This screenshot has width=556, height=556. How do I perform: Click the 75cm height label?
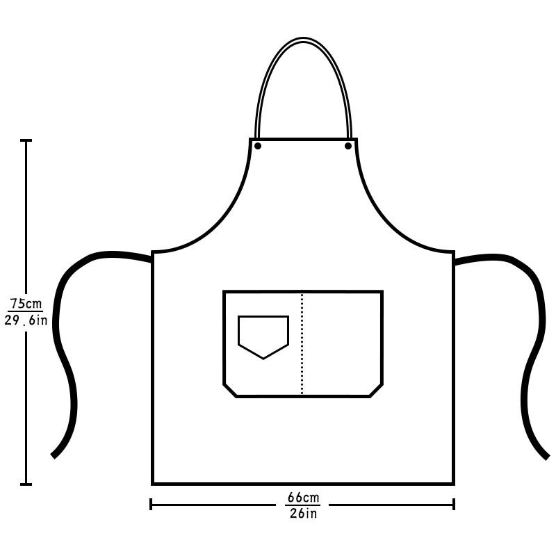26,304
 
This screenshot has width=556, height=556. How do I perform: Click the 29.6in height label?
26,320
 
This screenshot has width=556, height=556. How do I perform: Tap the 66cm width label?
303,498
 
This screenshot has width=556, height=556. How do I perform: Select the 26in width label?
303,514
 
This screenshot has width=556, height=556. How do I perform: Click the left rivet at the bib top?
258,146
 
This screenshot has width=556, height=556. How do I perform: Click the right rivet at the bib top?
348,146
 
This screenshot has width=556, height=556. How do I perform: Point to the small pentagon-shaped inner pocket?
263,335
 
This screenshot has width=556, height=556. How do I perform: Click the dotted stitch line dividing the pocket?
302,344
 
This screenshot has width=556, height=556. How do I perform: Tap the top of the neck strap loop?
303,40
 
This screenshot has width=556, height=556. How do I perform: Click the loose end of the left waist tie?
55,455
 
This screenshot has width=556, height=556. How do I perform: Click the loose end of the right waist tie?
546,456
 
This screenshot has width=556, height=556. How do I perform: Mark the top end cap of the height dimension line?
26,140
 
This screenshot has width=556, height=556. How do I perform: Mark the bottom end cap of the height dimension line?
26,484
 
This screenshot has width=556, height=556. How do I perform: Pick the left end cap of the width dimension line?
151,504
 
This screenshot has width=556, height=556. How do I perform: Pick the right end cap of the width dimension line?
454,504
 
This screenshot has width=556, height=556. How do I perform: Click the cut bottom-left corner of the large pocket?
230,390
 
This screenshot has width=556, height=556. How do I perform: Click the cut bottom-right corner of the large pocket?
376,390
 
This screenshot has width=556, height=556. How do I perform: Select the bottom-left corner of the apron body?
153,483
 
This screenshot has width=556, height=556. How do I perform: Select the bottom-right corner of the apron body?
453,483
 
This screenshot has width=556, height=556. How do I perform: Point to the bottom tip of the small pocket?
263,359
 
